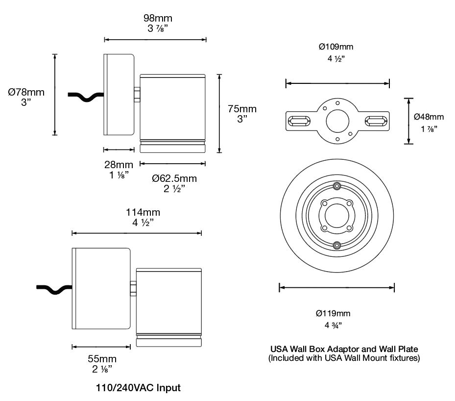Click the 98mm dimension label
pyautogui.click(x=158, y=18)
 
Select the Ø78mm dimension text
pyautogui.click(x=26, y=92)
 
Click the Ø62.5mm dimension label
pyautogui.click(x=174, y=178)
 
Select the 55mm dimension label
pyautogui.click(x=102, y=358)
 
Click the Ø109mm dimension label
pyautogui.click(x=336, y=47)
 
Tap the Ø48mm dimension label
pyautogui.click(x=429, y=117)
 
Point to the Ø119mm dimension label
pyautogui.click(x=333, y=313)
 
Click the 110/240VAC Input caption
pyautogui.click(x=138, y=388)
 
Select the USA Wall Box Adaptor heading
pyautogui.click(x=344, y=349)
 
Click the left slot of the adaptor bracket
pyautogui.click(x=298, y=120)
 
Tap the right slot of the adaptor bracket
pyautogui.click(x=377, y=120)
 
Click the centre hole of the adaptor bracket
pyautogui.click(x=337, y=119)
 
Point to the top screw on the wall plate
pyautogui.click(x=336, y=187)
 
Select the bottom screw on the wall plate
pyautogui.click(x=336, y=245)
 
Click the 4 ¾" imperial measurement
pyautogui.click(x=334, y=325)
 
